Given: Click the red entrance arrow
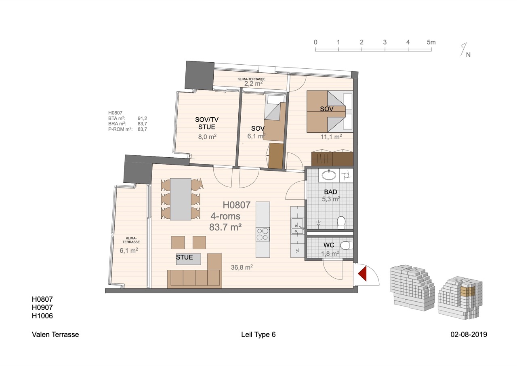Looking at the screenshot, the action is click(x=363, y=274).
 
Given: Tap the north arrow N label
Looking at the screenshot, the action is click(x=468, y=55).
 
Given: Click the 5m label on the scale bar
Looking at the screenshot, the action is click(x=431, y=42).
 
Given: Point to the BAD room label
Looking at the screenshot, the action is click(x=330, y=192).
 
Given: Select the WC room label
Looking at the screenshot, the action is click(x=329, y=245).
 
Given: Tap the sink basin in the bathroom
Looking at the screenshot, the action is click(x=329, y=176).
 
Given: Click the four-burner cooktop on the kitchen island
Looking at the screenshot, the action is click(x=263, y=234).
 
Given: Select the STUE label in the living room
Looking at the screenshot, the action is click(x=185, y=257).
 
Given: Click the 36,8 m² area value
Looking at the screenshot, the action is click(x=242, y=267).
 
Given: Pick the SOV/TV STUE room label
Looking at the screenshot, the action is click(x=207, y=123).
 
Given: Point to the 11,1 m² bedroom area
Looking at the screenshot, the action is click(x=331, y=137).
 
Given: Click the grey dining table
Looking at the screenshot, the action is click(x=181, y=199).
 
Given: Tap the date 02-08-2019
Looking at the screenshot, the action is click(x=469, y=334).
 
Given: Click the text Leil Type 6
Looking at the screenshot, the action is click(x=258, y=334).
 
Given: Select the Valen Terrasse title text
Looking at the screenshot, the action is click(x=55, y=334).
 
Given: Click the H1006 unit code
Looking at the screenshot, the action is click(x=42, y=316).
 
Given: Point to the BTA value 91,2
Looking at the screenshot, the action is click(x=143, y=118).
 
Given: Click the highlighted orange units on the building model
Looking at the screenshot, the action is click(x=468, y=291).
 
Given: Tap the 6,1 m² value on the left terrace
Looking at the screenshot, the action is click(x=129, y=250).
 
